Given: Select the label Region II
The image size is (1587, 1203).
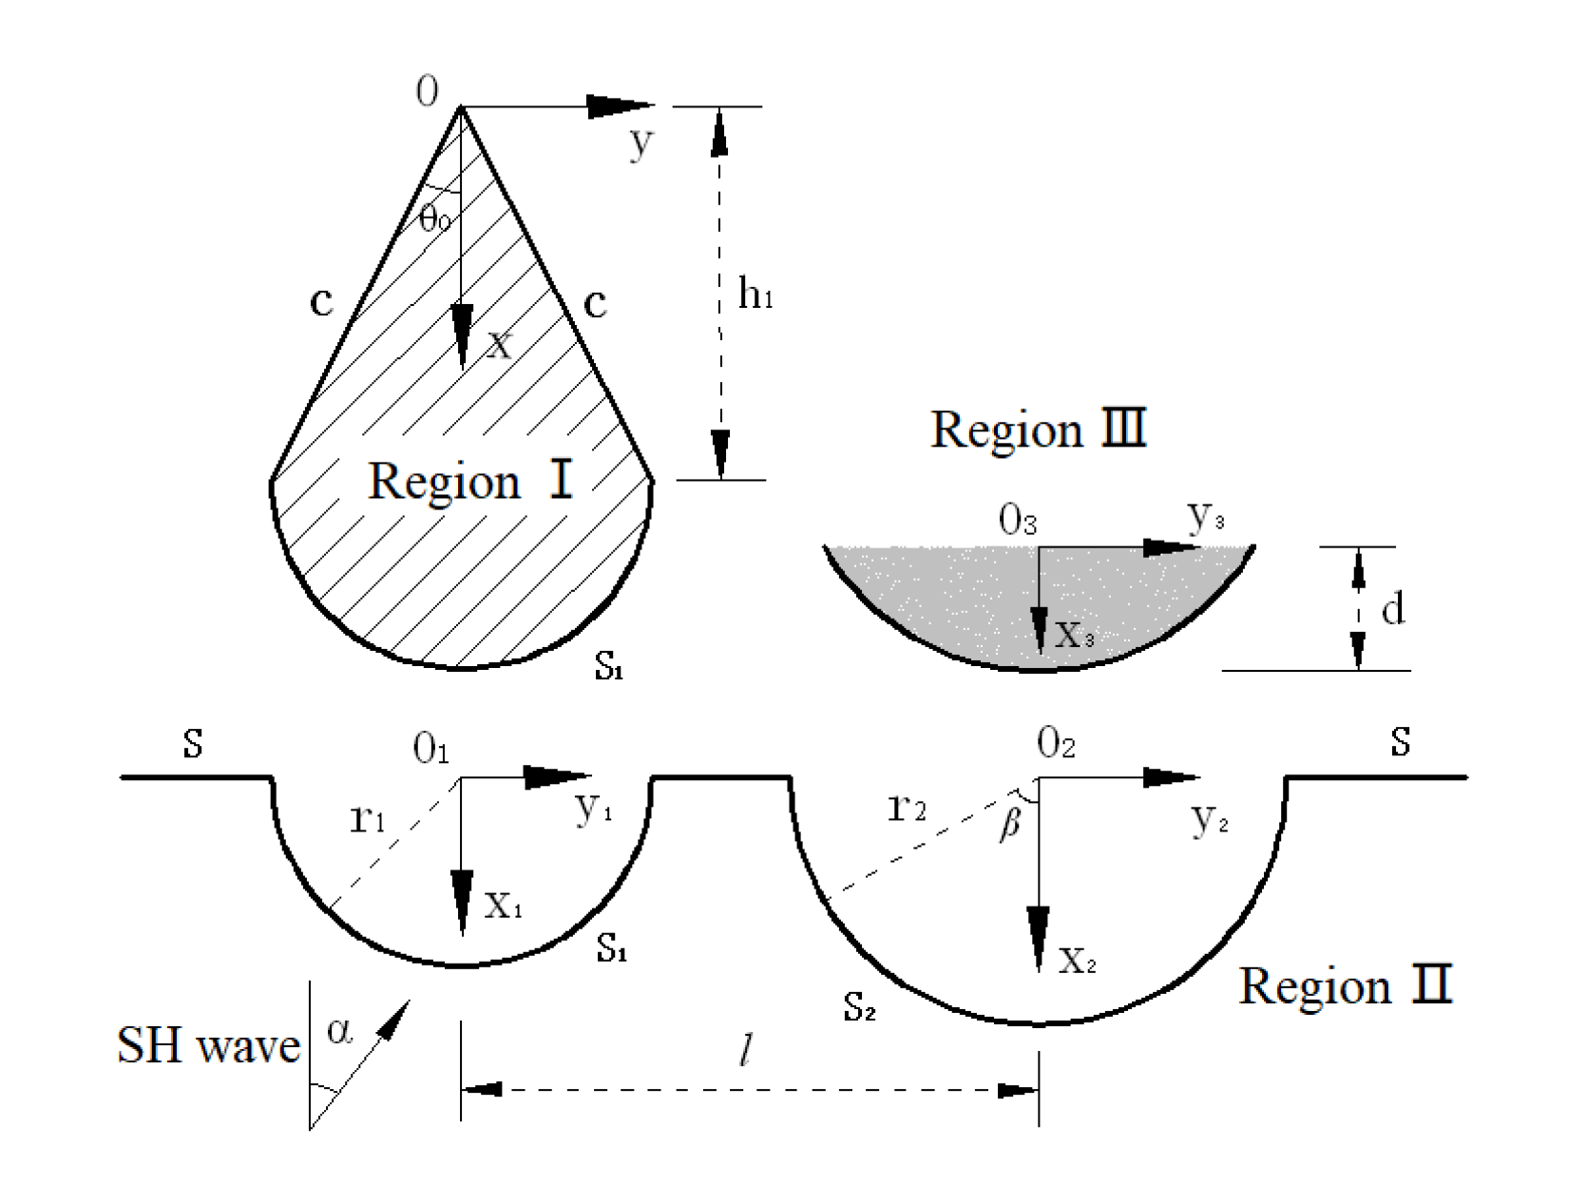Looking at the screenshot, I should pos(1346,985).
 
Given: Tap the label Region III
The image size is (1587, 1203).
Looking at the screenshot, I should pos(1039,430).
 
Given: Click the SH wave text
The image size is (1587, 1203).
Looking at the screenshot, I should pos(208,1046).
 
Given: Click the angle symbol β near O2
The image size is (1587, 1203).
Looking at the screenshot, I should pos(1010,825).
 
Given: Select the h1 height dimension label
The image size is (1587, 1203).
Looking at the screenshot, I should pos(755,296).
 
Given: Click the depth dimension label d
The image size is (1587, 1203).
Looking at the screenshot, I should pos(1392,609).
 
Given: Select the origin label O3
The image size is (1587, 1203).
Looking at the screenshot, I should pos(1017,521).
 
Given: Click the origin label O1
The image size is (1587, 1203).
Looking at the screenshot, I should pos(430,750).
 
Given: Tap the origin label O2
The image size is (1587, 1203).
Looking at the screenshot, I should pos(1056,744).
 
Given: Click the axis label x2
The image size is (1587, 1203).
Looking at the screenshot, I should pos(1078,961).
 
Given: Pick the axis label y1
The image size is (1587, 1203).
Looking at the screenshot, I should pos(594,809).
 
